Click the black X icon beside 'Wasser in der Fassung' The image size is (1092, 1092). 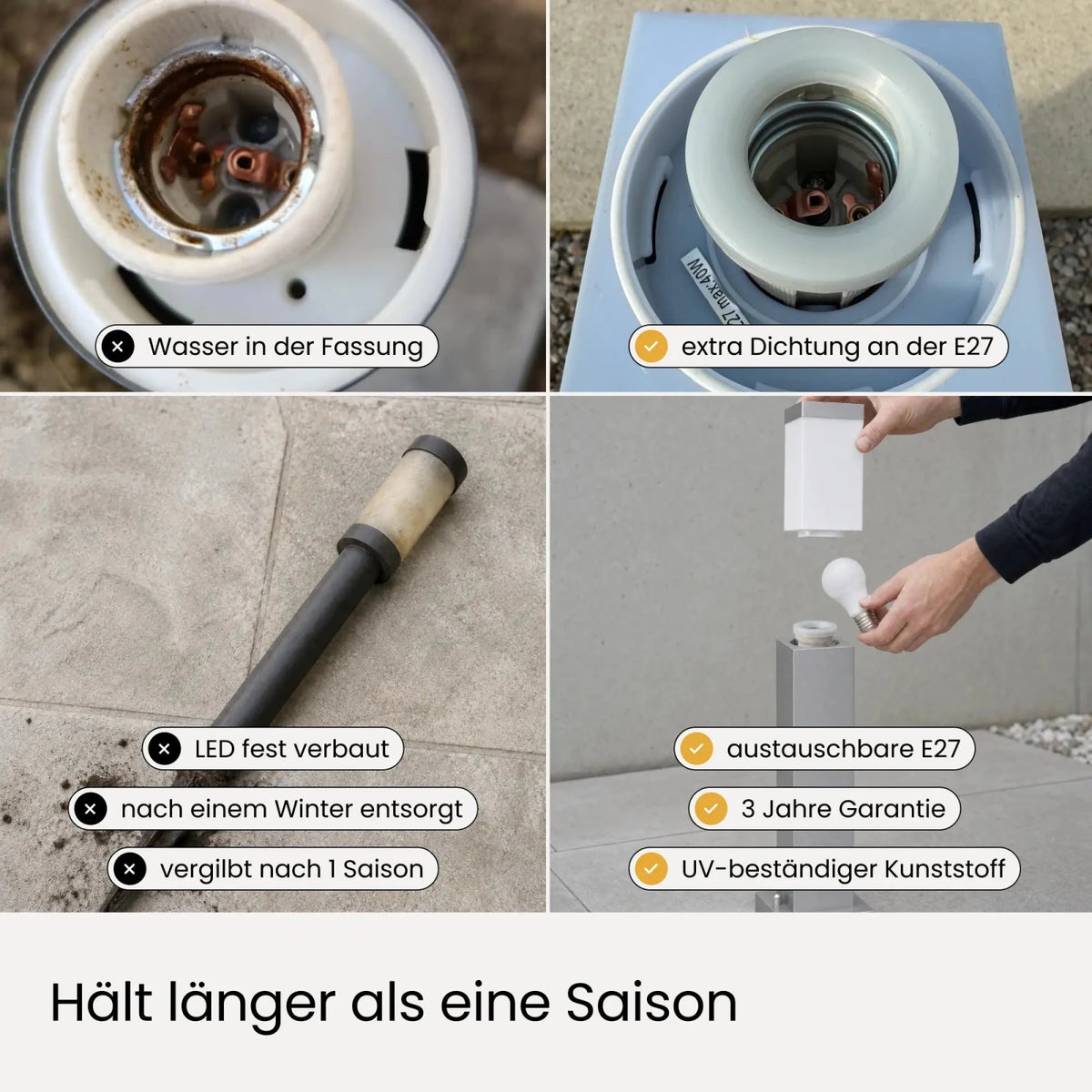click(x=117, y=346)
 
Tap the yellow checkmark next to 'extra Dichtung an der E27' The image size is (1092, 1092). click(x=651, y=346)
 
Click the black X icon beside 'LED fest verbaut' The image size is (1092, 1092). click(x=165, y=749)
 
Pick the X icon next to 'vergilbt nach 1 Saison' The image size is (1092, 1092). click(x=130, y=869)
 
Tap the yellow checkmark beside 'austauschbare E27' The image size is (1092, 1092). click(x=696, y=749)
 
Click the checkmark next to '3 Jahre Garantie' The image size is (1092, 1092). click(x=711, y=809)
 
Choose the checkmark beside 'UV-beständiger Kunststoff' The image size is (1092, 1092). click(x=651, y=869)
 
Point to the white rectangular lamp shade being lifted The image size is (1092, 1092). click(x=824, y=470)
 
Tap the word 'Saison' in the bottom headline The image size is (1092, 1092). click(x=652, y=1003)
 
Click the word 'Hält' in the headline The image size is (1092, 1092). click(x=102, y=1001)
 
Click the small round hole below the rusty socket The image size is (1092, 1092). click(x=297, y=289)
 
